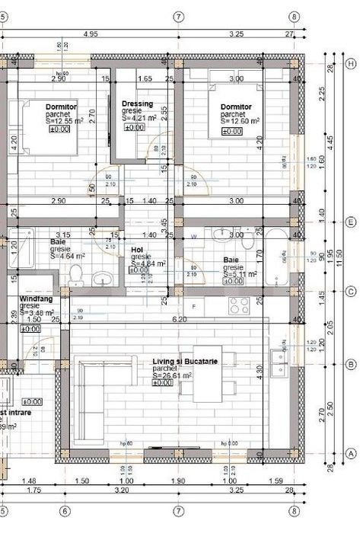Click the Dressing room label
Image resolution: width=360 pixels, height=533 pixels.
137,104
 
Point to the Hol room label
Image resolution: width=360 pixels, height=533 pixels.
137,249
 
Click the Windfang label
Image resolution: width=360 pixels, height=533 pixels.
36,299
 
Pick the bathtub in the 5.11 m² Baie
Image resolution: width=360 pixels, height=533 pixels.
276,260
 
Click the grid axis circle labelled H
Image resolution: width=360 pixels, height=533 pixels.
351,64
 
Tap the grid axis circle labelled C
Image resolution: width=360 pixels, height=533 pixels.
351,292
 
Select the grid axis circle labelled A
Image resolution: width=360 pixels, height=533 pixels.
351,452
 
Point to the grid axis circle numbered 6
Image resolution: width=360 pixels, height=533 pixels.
65,511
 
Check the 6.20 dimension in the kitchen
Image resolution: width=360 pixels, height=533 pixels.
180,320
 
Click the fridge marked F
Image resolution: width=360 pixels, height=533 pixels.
194,306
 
